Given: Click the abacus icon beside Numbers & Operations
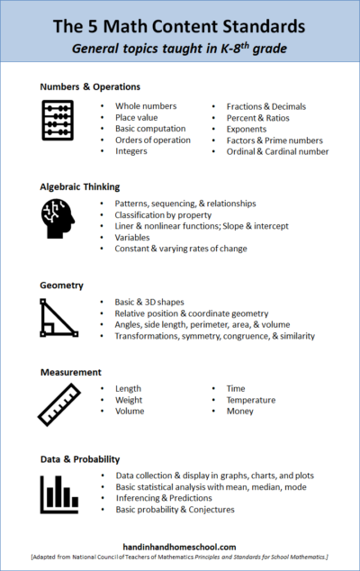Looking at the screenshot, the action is (58, 121).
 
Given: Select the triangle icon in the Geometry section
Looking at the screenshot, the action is (58, 318).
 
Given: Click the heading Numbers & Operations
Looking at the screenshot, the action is (90, 87).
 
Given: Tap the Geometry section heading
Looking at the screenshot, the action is (62, 285).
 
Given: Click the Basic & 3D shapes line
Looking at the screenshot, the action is (156, 302).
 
